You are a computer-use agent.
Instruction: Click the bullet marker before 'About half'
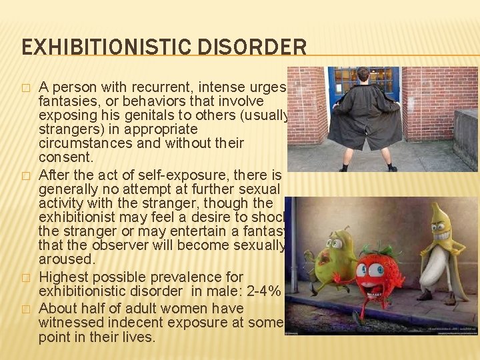(25, 309)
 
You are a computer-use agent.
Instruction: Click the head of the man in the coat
(363, 75)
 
